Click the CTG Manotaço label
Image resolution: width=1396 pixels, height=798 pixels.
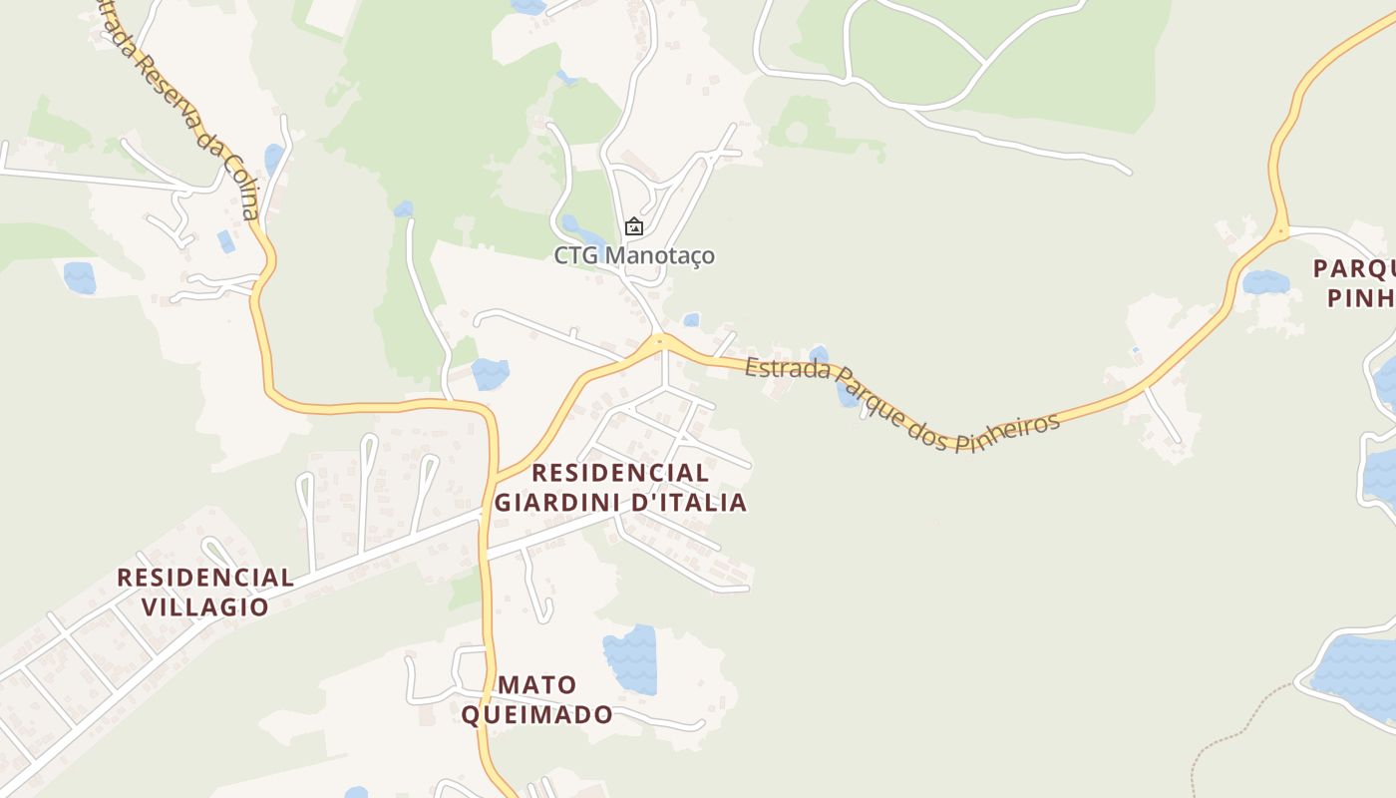pyautogui.click(x=634, y=256)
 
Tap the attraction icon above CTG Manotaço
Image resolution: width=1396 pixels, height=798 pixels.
pyautogui.click(x=634, y=227)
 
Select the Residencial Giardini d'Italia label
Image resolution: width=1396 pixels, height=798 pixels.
pyautogui.click(x=620, y=487)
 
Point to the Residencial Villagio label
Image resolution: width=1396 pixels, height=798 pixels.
pyautogui.click(x=205, y=592)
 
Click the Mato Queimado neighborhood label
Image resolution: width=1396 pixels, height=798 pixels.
pyautogui.click(x=536, y=699)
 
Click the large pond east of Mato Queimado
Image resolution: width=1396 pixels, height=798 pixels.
pyautogui.click(x=631, y=658)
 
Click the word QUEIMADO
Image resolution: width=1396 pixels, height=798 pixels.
pyautogui.click(x=536, y=714)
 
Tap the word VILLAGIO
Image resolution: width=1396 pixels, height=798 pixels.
pyautogui.click(x=205, y=606)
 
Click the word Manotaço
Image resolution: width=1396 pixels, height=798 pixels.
pyautogui.click(x=660, y=256)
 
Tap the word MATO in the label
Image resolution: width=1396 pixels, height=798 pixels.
pyautogui.click(x=537, y=685)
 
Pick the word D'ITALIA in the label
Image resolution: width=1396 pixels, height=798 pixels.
pyautogui.click(x=687, y=502)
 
